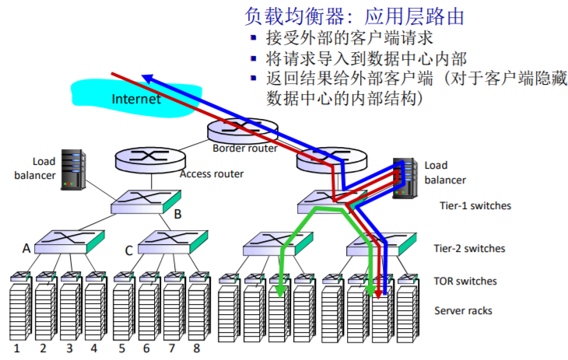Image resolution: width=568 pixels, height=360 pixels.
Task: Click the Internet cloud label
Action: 136,99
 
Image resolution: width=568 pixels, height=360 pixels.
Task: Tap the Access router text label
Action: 212,173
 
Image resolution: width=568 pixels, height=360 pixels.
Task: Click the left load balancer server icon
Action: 73,169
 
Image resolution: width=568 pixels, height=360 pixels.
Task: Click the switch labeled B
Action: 145,203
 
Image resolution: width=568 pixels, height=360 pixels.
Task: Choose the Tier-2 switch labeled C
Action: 174,243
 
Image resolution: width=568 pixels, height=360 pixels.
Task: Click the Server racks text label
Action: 463,311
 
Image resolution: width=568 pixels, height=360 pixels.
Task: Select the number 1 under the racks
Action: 16,348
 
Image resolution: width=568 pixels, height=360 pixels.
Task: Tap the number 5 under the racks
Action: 121,348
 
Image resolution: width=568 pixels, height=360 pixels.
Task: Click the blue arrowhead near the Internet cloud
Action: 146,77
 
